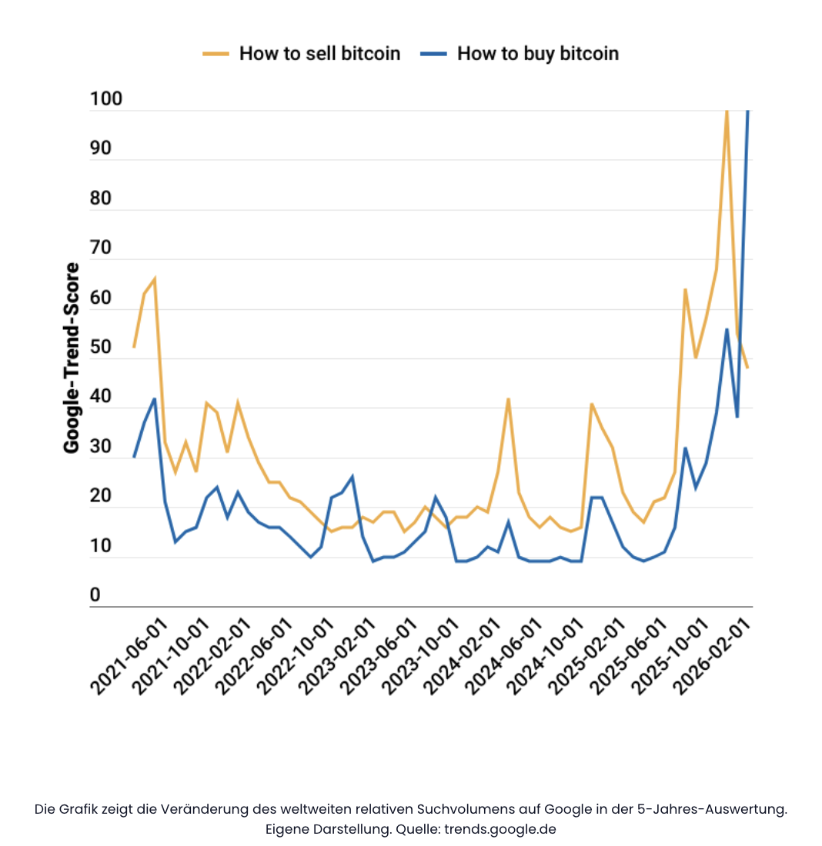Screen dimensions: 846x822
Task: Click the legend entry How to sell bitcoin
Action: coord(319,54)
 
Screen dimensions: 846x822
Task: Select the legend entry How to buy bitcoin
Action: coord(537,54)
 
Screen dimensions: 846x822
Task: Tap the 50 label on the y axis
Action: coord(101,347)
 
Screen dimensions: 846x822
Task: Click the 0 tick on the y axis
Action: coord(95,595)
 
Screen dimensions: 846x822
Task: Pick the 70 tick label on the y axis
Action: coord(101,248)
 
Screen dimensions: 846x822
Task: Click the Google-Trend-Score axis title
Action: coord(72,358)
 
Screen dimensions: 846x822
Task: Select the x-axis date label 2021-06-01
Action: coord(129,658)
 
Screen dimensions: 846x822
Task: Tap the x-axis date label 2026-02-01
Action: coord(711,658)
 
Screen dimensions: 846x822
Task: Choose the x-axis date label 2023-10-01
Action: coord(419,658)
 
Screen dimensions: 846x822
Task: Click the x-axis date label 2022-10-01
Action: coord(296,658)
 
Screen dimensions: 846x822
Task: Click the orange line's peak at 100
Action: coord(727,112)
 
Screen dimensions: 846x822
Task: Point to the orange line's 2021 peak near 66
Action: coord(155,279)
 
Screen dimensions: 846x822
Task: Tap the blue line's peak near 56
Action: coord(727,329)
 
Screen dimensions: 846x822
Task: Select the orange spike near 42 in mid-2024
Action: coord(508,398)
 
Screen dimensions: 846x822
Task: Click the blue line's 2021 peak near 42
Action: coord(155,398)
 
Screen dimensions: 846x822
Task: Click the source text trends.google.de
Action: coord(500,829)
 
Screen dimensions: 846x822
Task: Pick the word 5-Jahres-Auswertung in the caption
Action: coord(725,809)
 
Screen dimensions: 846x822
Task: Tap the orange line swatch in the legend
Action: coord(216,54)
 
